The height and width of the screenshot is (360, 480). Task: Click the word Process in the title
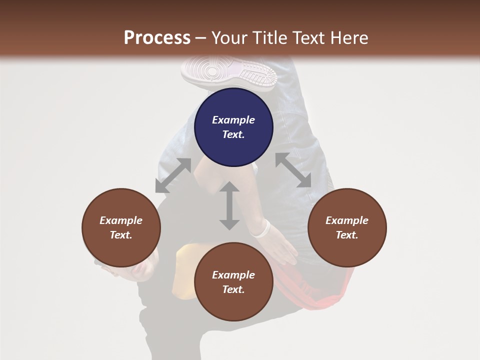(x=157, y=38)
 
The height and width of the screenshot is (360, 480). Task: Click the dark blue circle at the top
(x=233, y=127)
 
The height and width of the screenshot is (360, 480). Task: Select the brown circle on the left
(x=121, y=227)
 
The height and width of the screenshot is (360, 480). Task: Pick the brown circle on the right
(x=346, y=227)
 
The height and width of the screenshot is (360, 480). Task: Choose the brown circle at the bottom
(x=233, y=282)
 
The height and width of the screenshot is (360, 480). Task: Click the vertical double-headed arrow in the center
(x=229, y=205)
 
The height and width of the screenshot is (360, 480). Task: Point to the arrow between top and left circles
(x=173, y=175)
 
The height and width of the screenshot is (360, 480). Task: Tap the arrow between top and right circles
(x=293, y=170)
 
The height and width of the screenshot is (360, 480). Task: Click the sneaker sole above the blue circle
(x=228, y=72)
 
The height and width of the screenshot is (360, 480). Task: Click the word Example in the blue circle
(x=233, y=120)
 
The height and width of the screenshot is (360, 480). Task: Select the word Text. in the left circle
(x=121, y=235)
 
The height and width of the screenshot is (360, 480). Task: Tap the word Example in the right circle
(x=346, y=220)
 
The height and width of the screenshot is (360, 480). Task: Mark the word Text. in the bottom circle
(x=233, y=289)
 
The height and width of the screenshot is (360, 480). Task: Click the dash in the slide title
(x=200, y=38)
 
